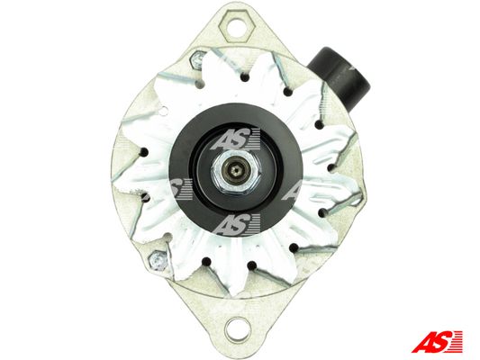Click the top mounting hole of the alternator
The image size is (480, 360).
[x=237, y=26]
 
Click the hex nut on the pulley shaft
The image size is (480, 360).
[x=235, y=170]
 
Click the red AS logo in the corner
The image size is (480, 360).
[x=436, y=341]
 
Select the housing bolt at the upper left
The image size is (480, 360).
[x=196, y=60]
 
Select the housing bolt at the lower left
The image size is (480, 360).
[x=158, y=261]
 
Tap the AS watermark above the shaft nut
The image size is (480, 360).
[x=235, y=139]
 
